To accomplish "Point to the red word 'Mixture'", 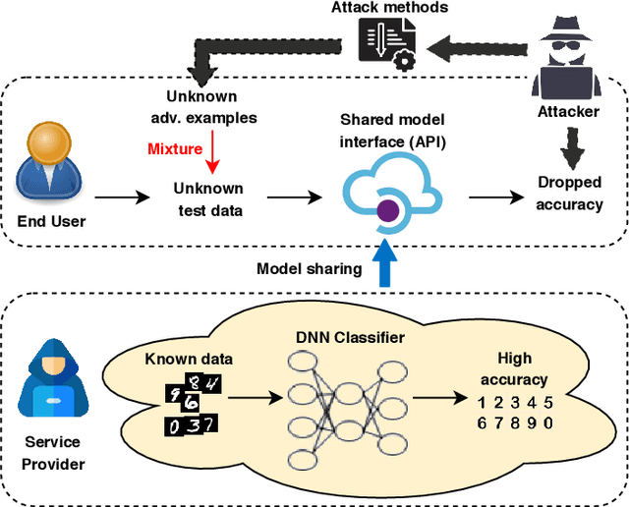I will tap(175, 149).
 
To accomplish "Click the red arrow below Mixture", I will tap(212, 151).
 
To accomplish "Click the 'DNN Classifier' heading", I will tap(349, 338).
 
